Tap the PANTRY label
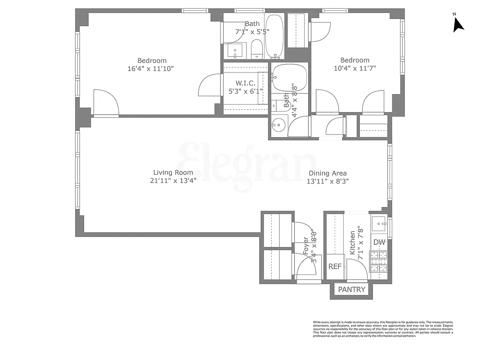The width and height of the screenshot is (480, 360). coord(352,290)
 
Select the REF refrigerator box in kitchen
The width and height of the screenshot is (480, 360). coord(335,266)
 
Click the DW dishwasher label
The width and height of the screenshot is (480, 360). coord(380,243)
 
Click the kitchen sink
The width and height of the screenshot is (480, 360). coord(379,223)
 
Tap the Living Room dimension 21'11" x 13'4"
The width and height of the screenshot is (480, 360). coord(173,180)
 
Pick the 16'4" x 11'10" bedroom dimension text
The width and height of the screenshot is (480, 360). coord(151,69)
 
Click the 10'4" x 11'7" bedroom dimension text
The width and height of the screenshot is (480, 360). coord(354,68)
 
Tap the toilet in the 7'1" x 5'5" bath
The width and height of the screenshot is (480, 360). coord(256,49)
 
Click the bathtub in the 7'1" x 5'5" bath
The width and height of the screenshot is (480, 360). coord(274,36)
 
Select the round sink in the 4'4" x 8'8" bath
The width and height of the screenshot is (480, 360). coord(279,125)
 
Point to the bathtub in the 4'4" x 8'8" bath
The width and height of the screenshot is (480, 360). coord(290,77)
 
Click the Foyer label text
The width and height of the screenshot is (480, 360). coord(306,247)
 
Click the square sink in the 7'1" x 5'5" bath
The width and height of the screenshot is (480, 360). coord(235,49)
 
